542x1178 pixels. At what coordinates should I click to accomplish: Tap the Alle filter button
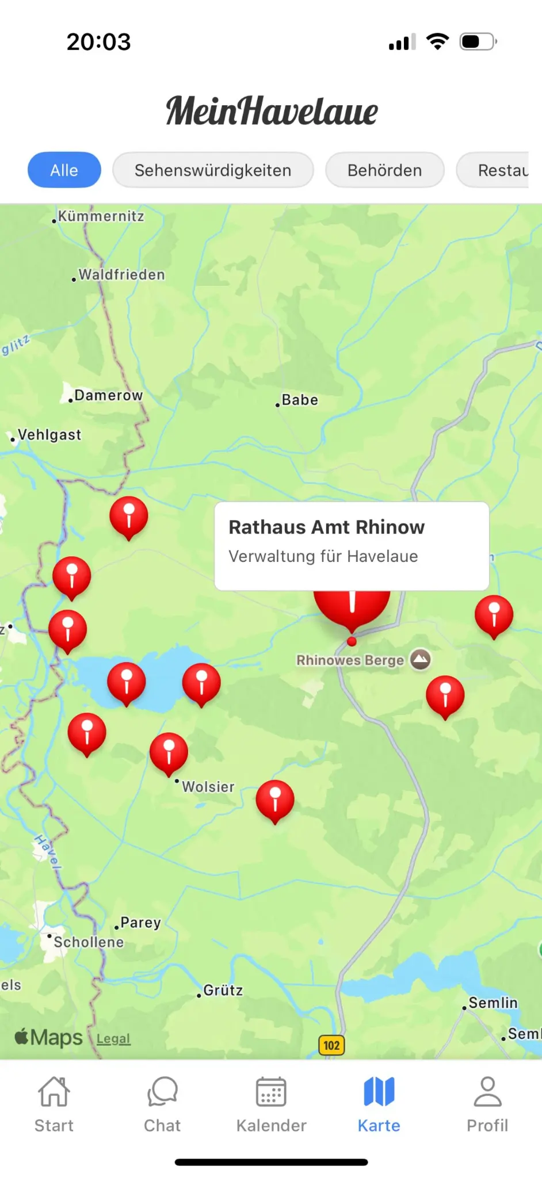coord(64,170)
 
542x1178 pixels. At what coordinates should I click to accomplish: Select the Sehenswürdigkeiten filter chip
coord(213,170)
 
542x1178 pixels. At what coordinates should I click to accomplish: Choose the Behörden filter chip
coord(384,170)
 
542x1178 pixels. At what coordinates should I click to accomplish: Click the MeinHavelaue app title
coord(272,110)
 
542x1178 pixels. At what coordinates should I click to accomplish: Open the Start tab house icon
coord(54,1092)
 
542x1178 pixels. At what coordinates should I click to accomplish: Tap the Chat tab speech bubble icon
coord(162,1092)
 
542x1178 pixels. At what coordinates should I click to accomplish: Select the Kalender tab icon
coord(271,1092)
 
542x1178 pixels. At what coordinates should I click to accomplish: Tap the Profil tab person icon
coord(487,1092)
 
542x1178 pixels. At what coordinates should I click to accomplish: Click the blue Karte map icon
coord(379,1092)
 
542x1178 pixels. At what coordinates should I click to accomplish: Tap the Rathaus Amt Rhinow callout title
coord(327,527)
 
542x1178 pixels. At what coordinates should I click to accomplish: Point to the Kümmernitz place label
coord(101,216)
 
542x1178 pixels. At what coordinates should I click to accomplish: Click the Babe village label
coord(299,400)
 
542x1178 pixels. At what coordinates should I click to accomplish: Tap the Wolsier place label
coord(208,786)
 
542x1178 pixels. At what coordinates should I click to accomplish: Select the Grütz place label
coord(223,990)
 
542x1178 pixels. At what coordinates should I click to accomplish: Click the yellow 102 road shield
coord(331,1045)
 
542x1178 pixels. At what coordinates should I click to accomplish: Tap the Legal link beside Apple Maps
coord(113,1039)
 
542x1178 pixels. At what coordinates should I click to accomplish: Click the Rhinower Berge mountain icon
coord(421,659)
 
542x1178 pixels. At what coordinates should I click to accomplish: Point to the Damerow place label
coord(108,395)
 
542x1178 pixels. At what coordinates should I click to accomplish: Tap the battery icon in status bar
coord(478,41)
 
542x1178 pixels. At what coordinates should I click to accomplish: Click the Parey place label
coord(140,923)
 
